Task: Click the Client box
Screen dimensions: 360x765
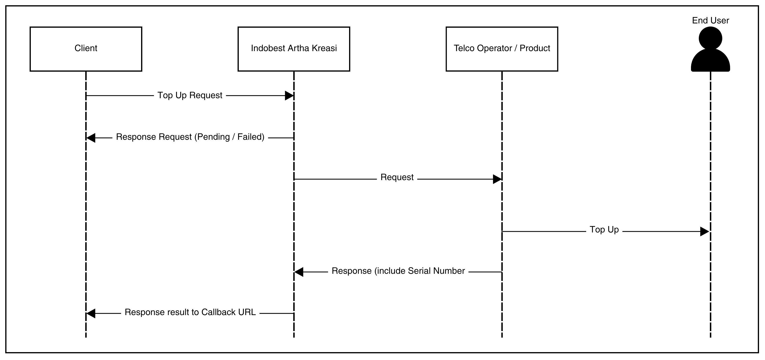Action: [x=86, y=49]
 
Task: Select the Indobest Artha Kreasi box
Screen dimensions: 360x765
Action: [x=294, y=49]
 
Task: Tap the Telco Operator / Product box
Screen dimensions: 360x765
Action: [x=502, y=49]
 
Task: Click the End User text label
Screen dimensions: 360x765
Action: [x=710, y=21]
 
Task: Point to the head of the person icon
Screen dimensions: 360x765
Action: [x=710, y=38]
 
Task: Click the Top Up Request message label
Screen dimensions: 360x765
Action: [x=190, y=95]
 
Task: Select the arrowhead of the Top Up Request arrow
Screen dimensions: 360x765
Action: [x=289, y=96]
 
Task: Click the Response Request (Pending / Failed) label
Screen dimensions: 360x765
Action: [x=190, y=137]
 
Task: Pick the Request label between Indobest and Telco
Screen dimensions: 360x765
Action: [x=397, y=177]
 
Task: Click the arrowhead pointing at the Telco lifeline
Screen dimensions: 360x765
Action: [x=497, y=179]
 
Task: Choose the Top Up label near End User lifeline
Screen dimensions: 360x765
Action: [x=604, y=230]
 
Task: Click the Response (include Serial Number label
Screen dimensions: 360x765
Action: [x=398, y=271]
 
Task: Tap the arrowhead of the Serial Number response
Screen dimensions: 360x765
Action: [x=299, y=272]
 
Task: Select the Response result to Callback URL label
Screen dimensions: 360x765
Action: [x=190, y=312]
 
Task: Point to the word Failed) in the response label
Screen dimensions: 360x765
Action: [x=251, y=137]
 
